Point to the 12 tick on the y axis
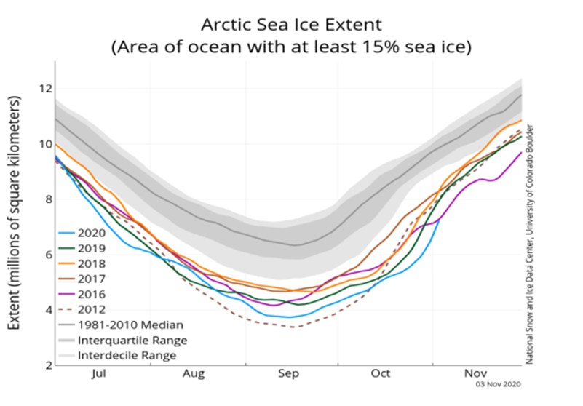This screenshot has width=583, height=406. [x=43, y=89]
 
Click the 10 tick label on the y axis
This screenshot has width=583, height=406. [x=43, y=144]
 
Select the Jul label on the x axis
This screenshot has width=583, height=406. [x=100, y=375]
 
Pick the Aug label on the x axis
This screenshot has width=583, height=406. [x=194, y=375]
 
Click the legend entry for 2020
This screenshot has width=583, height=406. [x=93, y=234]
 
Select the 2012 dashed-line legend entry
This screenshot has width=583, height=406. [x=93, y=310]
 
